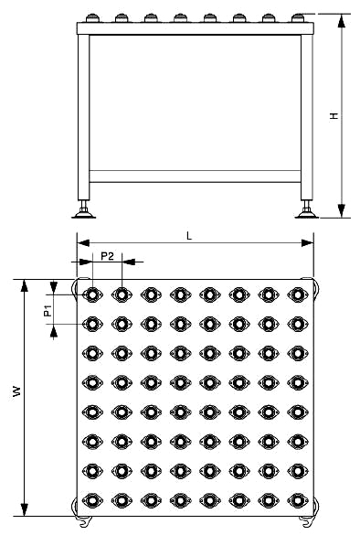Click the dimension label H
tap(334, 117)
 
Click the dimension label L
tap(189, 235)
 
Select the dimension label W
tap(16, 391)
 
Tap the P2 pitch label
tap(107, 256)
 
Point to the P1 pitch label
tap(48, 311)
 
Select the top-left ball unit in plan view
tap(92, 294)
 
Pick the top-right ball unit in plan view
tap(296, 294)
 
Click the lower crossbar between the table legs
tap(196, 176)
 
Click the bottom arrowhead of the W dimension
tap(26, 510)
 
